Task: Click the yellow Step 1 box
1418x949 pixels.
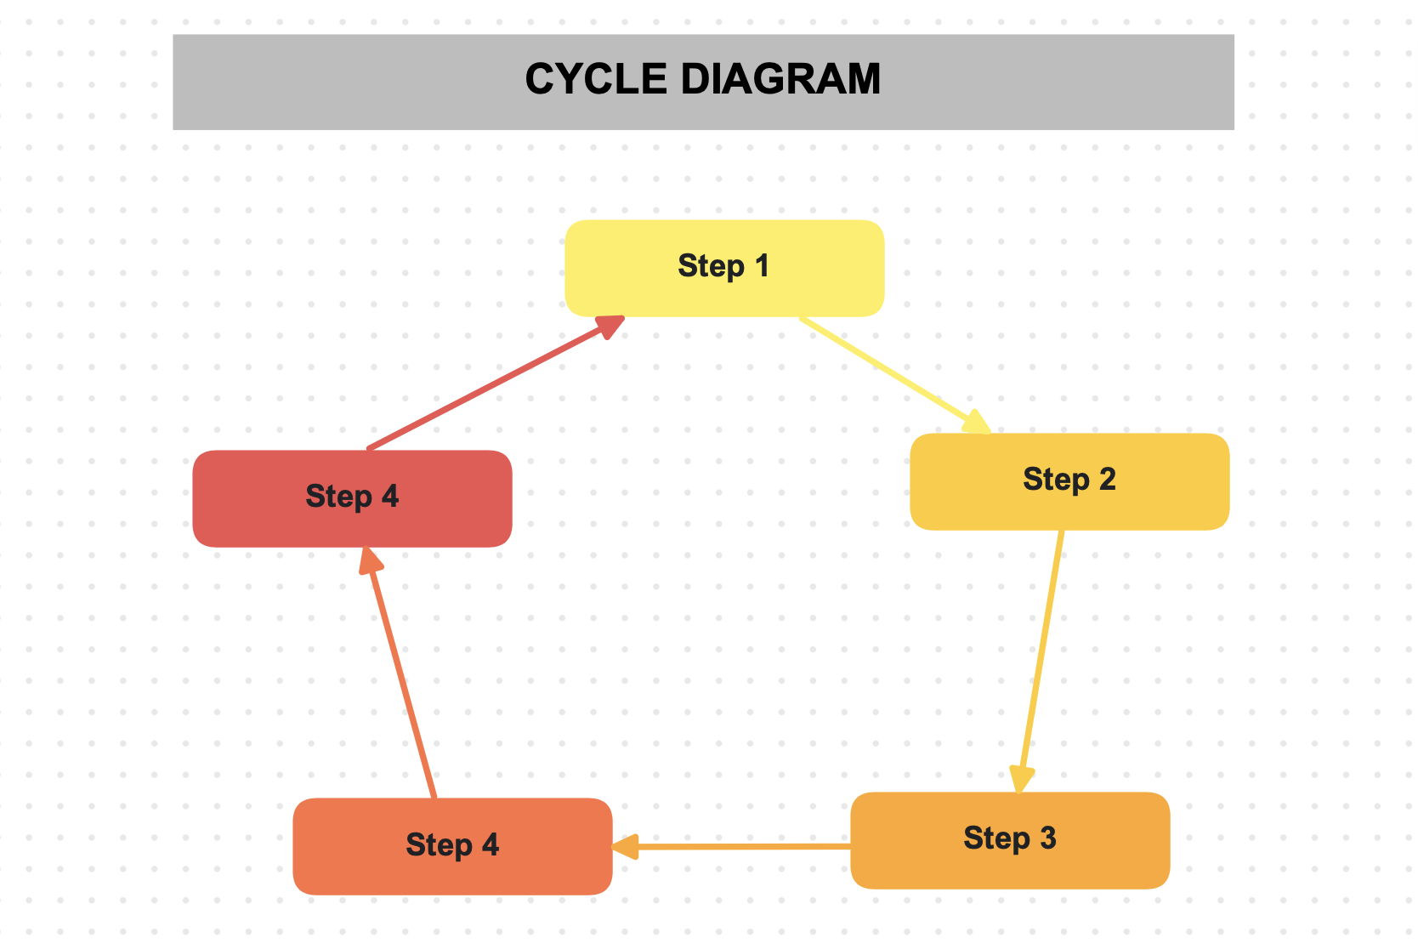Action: tap(724, 268)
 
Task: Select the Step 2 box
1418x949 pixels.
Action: tap(1069, 481)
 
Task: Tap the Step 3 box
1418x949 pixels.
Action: tap(1010, 840)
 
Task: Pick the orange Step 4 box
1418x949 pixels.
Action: tap(452, 846)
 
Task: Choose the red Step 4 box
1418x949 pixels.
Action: tap(352, 498)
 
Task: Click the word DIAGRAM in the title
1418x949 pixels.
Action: tap(780, 80)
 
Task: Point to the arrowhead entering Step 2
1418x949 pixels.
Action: tap(979, 423)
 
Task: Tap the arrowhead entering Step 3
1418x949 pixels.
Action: tap(1021, 779)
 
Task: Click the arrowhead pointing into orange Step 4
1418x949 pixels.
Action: tap(625, 847)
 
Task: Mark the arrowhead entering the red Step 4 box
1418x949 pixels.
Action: tap(371, 561)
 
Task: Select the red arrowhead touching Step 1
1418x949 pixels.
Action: tap(610, 326)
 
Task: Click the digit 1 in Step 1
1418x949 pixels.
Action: tap(762, 266)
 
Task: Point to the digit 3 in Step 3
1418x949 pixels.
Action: tap(1047, 838)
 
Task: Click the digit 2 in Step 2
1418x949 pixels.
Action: tap(1107, 480)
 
